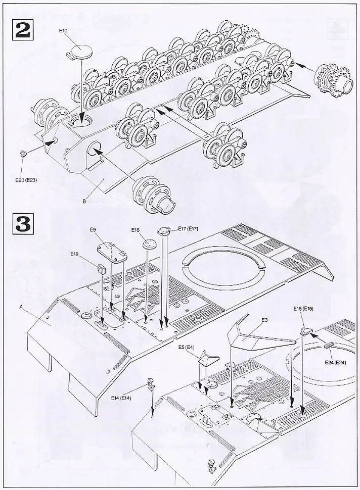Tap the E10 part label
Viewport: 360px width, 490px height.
coord(63,31)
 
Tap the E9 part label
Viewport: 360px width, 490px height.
coord(93,230)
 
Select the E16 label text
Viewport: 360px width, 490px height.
coord(135,230)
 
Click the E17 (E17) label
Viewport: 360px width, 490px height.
coord(188,229)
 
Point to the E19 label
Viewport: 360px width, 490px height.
coord(75,255)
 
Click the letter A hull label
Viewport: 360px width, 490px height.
coord(21,307)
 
